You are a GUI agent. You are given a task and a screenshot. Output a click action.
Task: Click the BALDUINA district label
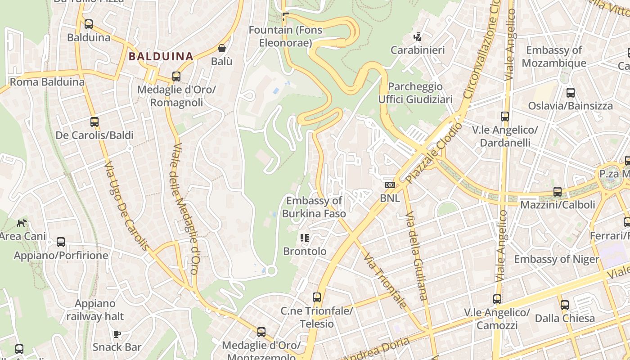click(161, 56)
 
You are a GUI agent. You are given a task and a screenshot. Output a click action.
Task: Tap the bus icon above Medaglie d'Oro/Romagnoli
click(176, 76)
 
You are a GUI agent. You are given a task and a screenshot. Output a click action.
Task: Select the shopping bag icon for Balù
click(222, 48)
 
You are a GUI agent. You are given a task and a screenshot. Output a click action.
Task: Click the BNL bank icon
click(390, 185)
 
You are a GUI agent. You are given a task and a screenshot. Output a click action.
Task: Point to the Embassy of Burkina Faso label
click(314, 207)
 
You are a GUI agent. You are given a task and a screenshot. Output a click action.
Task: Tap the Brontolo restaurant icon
click(305, 238)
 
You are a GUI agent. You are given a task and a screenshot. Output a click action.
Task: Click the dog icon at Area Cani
click(22, 222)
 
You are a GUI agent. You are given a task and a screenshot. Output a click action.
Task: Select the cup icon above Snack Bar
click(117, 333)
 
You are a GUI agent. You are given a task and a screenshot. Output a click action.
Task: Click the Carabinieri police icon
click(418, 37)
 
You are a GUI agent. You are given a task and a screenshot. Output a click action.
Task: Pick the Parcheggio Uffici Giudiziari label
click(415, 93)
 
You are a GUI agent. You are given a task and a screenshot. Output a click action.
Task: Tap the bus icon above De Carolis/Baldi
click(94, 121)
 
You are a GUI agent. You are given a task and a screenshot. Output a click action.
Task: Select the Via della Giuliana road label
click(416, 255)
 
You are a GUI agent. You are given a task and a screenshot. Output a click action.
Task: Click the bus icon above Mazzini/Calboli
click(558, 192)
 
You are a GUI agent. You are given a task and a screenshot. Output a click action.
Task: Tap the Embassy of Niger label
click(557, 259)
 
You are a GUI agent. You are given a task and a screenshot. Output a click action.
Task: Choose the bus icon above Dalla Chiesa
click(565, 305)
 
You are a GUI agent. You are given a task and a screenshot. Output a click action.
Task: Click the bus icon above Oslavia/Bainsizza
click(571, 93)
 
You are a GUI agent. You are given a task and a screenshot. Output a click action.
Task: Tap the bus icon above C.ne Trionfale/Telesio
click(317, 297)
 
